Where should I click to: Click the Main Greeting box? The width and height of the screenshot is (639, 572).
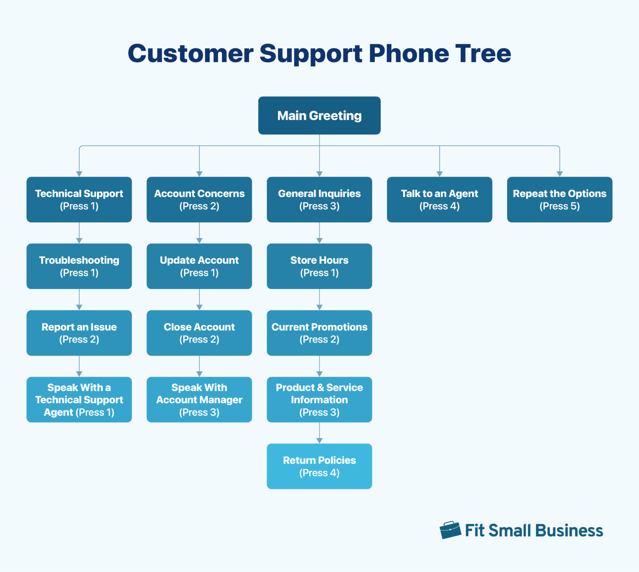coord(319,115)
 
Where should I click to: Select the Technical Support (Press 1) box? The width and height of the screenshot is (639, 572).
coord(79,200)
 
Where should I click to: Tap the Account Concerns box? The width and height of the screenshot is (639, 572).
coord(199,200)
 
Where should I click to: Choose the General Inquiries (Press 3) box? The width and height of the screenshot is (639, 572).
coord(319,200)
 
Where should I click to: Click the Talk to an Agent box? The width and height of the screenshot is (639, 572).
coord(439,200)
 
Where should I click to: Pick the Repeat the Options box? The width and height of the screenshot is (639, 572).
coord(559,200)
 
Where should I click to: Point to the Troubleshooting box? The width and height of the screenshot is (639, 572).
coord(79,266)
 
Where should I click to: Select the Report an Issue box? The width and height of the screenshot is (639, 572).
coord(79,333)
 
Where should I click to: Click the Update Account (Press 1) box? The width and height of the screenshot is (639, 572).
coord(199,266)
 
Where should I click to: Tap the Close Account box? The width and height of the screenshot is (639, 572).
coord(199,333)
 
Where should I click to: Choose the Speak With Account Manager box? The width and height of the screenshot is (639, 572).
coord(199,399)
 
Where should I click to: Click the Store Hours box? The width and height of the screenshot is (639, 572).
coord(319,266)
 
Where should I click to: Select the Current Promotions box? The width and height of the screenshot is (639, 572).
coord(319,333)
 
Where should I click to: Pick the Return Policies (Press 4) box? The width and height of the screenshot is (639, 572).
coord(319,466)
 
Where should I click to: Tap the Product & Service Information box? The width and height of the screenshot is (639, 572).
coord(319,399)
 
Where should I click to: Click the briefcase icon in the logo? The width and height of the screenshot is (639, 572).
coord(450,530)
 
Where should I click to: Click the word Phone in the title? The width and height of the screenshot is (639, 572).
coord(409,53)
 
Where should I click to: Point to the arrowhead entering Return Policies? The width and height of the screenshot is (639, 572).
coord(319,441)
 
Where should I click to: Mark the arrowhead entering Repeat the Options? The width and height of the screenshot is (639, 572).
coord(559,174)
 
